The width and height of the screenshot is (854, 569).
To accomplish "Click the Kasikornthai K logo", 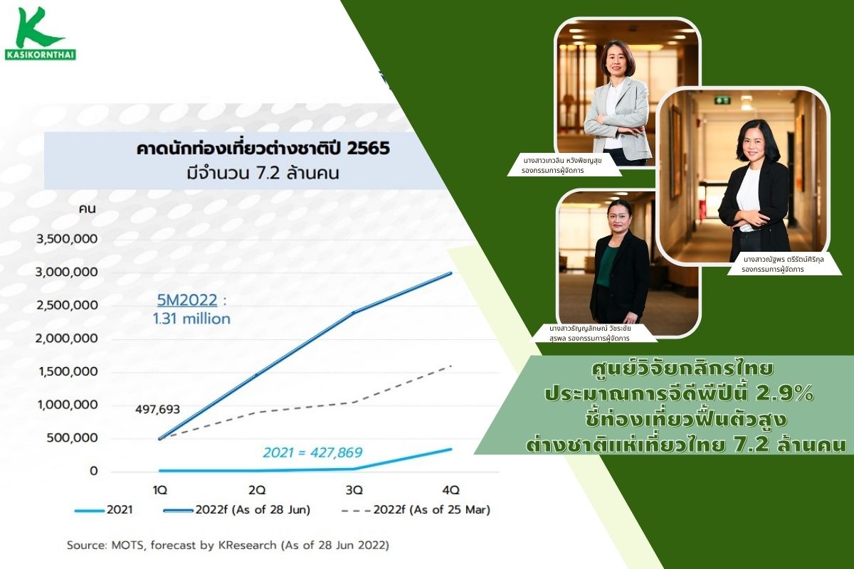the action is (41, 33).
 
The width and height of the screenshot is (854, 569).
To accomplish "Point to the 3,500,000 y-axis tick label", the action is (67, 239).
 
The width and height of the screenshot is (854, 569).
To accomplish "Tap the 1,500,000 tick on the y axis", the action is (68, 371).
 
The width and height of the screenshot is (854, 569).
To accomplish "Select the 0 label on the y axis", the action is (94, 471).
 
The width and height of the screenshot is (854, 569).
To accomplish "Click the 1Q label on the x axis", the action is (159, 490).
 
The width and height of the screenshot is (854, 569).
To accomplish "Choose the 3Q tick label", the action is (354, 490).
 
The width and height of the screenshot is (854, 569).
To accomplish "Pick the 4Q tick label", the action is (451, 490).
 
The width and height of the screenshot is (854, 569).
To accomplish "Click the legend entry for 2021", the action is (104, 510).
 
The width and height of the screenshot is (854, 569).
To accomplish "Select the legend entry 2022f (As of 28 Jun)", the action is (237, 510).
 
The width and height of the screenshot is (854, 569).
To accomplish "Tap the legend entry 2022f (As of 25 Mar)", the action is (416, 510).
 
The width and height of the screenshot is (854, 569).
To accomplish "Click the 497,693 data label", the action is (157, 409).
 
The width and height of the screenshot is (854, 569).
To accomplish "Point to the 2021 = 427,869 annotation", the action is (312, 452).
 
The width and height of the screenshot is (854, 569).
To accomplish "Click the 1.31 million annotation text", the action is (191, 319).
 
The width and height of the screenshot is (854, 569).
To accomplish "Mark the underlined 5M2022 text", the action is (187, 300).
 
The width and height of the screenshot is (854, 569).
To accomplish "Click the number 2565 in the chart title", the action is (369, 149).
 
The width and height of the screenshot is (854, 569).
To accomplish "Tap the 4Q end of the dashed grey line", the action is (451, 366).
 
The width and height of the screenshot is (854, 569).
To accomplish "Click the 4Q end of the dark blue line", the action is (451, 273).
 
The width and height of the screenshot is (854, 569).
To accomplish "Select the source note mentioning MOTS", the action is (228, 545).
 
